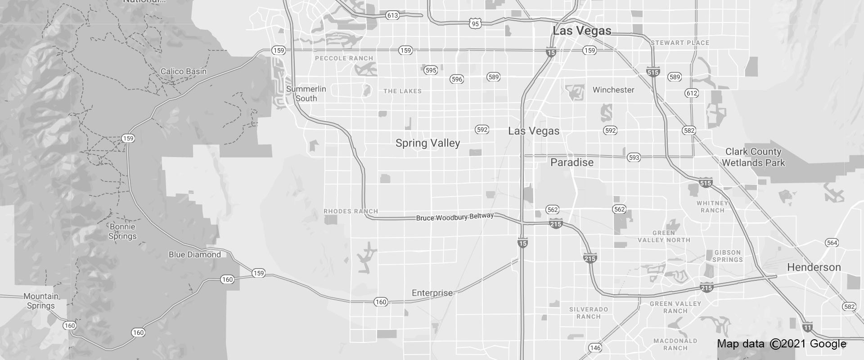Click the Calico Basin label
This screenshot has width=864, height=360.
coord(184,72)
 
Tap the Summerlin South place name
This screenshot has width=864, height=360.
coord(306,94)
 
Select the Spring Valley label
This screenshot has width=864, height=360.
coord(427,143)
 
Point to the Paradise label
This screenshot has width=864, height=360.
coord(572,162)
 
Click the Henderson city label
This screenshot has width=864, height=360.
coord(814,267)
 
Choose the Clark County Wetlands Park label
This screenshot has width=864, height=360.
coord(753,157)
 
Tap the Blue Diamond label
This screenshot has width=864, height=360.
coord(194,255)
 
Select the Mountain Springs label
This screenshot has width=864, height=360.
coord(40,301)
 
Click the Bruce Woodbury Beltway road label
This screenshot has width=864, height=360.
coord(454,217)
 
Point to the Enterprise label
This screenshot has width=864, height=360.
coord(432,293)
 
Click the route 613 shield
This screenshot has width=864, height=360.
coord(392,15)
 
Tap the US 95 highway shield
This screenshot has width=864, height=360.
coord(475,23)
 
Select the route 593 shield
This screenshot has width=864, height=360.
coord(634,157)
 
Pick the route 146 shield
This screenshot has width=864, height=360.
coord(595,348)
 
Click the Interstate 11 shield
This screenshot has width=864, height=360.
coord(807,327)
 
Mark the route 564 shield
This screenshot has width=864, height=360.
coord(832,243)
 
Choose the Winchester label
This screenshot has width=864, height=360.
coord(613,90)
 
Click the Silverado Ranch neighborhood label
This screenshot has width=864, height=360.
coord(589,313)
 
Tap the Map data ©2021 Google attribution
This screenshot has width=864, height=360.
coord(782,344)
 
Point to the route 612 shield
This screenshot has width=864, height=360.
coord(692,93)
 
